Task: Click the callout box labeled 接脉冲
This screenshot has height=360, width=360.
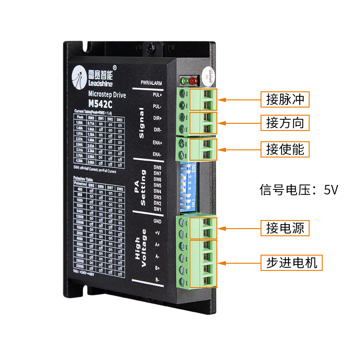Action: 285,99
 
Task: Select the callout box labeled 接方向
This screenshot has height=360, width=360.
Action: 285,122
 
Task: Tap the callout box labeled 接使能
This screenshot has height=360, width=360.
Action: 285,149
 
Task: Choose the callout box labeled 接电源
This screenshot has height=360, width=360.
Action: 285,228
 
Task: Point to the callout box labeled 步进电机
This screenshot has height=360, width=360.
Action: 292,262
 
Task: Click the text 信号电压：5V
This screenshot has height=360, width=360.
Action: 299,189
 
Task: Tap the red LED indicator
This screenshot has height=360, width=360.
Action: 193,81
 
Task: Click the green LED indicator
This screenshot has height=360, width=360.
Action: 184,81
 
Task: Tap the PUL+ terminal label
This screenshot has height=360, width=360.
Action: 157,95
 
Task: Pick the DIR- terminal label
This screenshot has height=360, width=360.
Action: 157,130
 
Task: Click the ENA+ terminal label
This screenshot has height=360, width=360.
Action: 157,143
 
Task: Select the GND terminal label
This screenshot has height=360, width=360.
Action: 157,221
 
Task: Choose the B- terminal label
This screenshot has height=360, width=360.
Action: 157,280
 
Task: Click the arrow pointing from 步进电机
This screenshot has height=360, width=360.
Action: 239,262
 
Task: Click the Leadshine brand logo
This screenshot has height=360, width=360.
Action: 93,75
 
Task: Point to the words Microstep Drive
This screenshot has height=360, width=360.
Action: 101,95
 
